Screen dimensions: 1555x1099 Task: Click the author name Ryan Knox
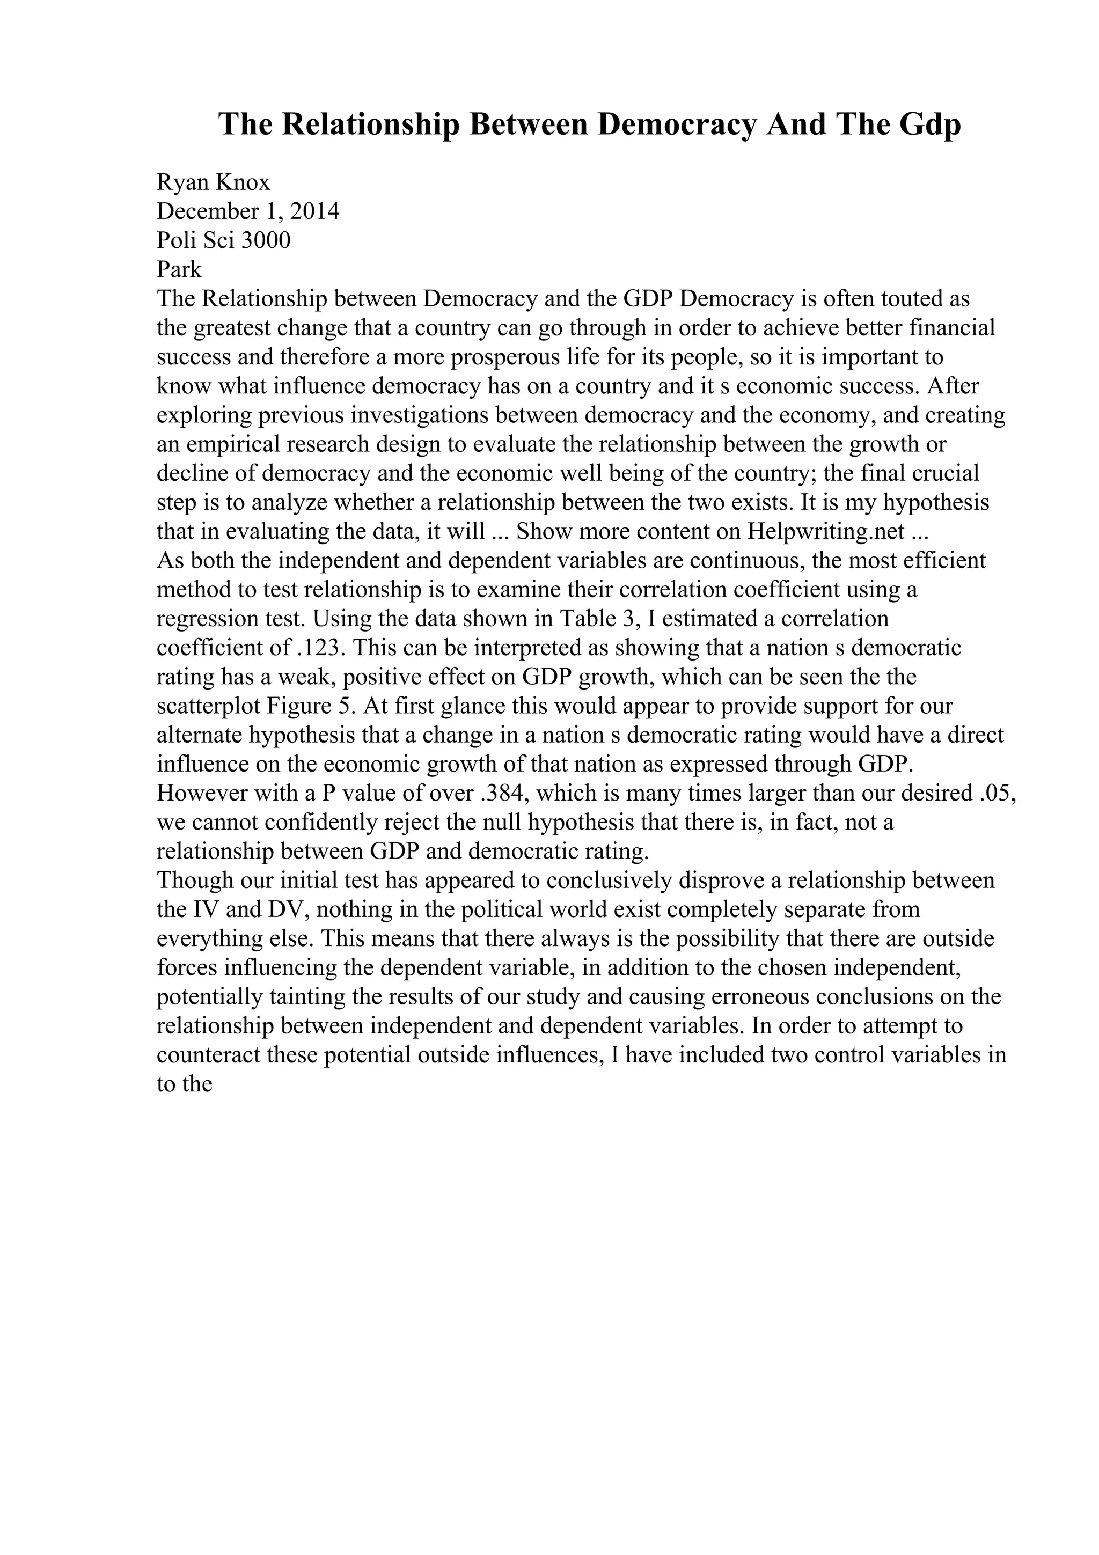[x=213, y=182]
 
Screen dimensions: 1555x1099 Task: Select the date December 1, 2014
[x=248, y=211]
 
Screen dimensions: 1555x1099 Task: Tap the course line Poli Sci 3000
[x=223, y=240]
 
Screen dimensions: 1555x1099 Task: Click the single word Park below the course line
[x=179, y=269]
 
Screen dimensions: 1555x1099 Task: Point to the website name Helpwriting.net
[x=826, y=532]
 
